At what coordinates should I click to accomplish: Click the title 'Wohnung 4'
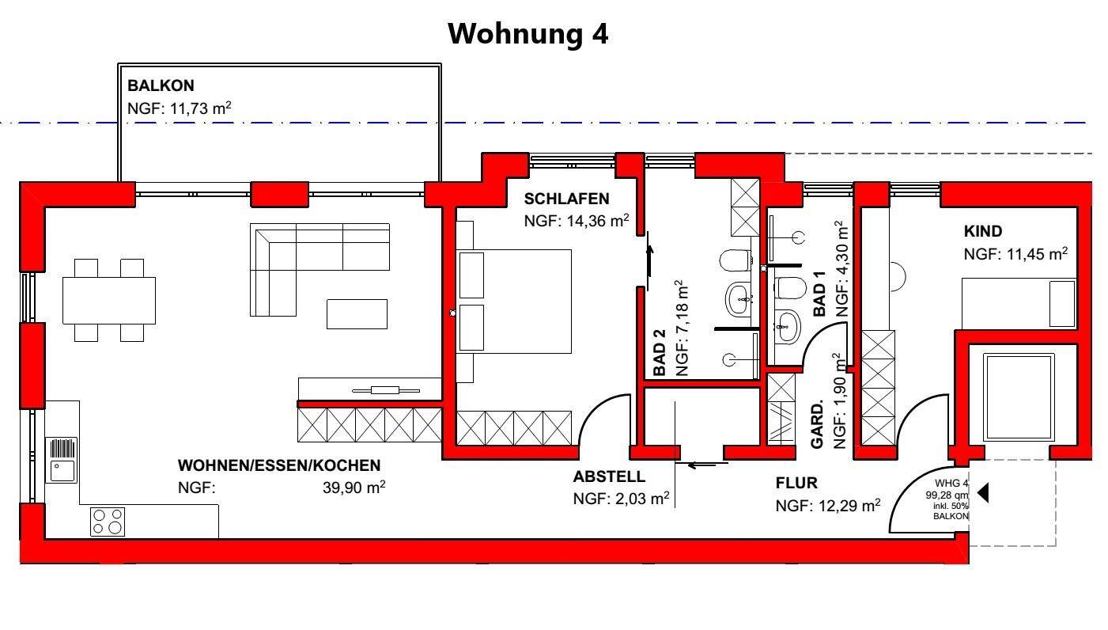point(528,34)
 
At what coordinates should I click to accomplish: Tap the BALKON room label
point(161,85)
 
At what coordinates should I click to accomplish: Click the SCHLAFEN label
point(566,199)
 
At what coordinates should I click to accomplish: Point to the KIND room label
point(982,232)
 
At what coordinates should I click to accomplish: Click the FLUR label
point(796,483)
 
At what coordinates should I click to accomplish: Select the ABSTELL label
point(609,477)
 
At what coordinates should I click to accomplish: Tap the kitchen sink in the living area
point(62,460)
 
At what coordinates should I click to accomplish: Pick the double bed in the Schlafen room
point(515,301)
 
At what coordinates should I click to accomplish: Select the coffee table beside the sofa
point(357,313)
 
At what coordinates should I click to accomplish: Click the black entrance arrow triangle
point(983,493)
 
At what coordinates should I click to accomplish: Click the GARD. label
point(818,424)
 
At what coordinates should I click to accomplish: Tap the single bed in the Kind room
point(1018,303)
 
